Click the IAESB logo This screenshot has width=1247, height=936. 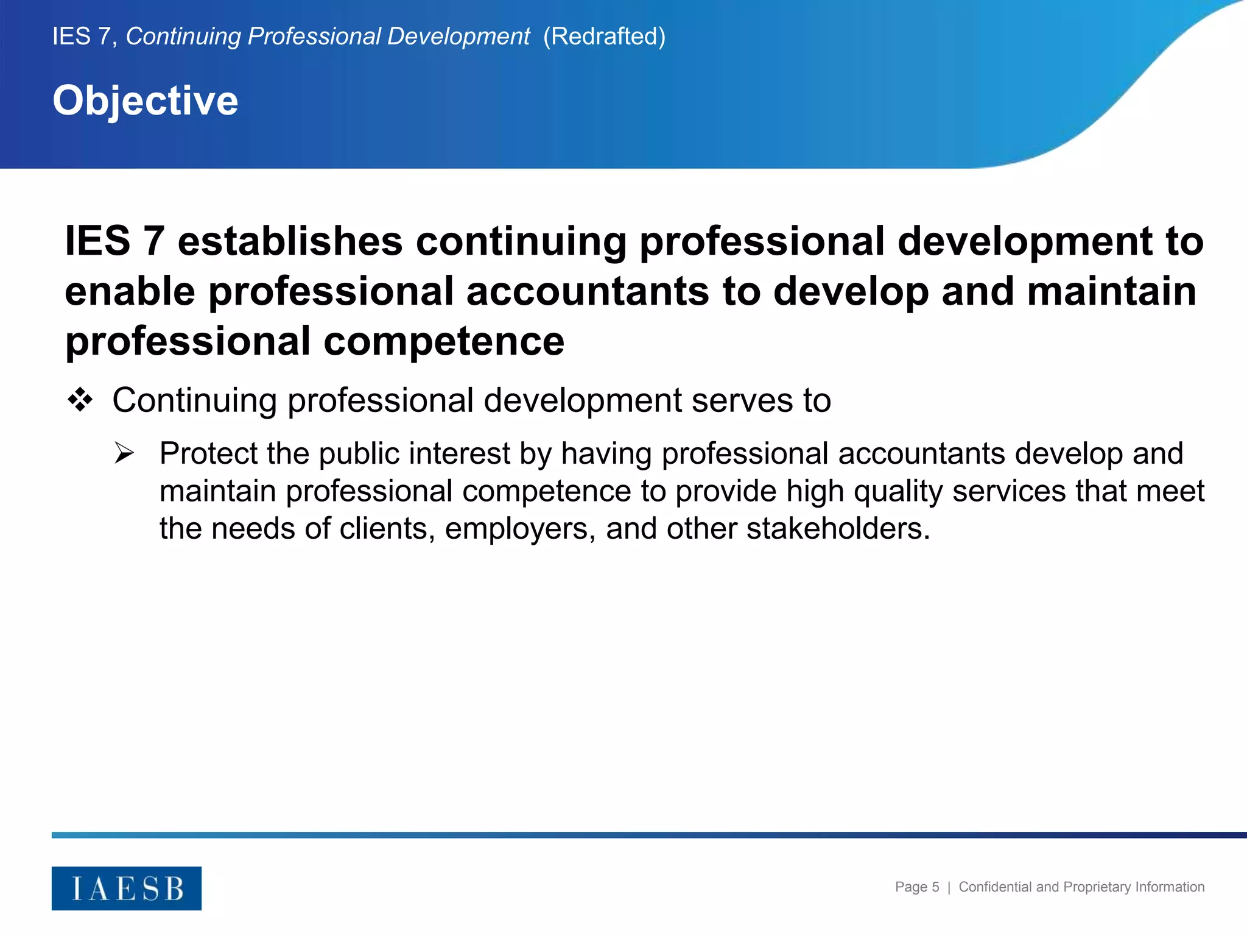pyautogui.click(x=127, y=888)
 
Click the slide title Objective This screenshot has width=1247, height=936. pyautogui.click(x=146, y=101)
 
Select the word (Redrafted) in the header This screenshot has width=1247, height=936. pyautogui.click(x=604, y=37)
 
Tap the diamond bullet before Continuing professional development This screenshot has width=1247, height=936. pyautogui.click(x=80, y=401)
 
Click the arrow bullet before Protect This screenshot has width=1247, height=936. pyautogui.click(x=124, y=453)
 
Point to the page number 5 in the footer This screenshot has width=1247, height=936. pyautogui.click(x=935, y=887)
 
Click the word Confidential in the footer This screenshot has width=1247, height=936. pyautogui.click(x=996, y=887)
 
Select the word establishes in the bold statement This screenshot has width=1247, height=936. pyautogui.click(x=290, y=241)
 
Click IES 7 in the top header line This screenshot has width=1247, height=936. pyautogui.click(x=82, y=37)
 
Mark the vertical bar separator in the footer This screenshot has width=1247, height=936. pyautogui.click(x=949, y=888)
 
